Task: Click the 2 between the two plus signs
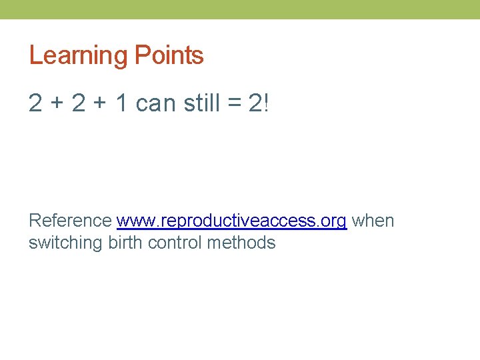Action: (x=79, y=103)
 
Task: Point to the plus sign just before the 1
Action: (x=101, y=104)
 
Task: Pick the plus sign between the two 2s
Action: (x=58, y=104)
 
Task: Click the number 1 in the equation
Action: (x=121, y=103)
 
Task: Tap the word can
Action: (x=154, y=104)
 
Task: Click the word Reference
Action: (x=70, y=221)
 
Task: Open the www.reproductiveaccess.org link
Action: (x=231, y=221)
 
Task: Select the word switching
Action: (x=65, y=243)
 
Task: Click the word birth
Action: (x=125, y=242)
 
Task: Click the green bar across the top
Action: (x=240, y=9)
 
